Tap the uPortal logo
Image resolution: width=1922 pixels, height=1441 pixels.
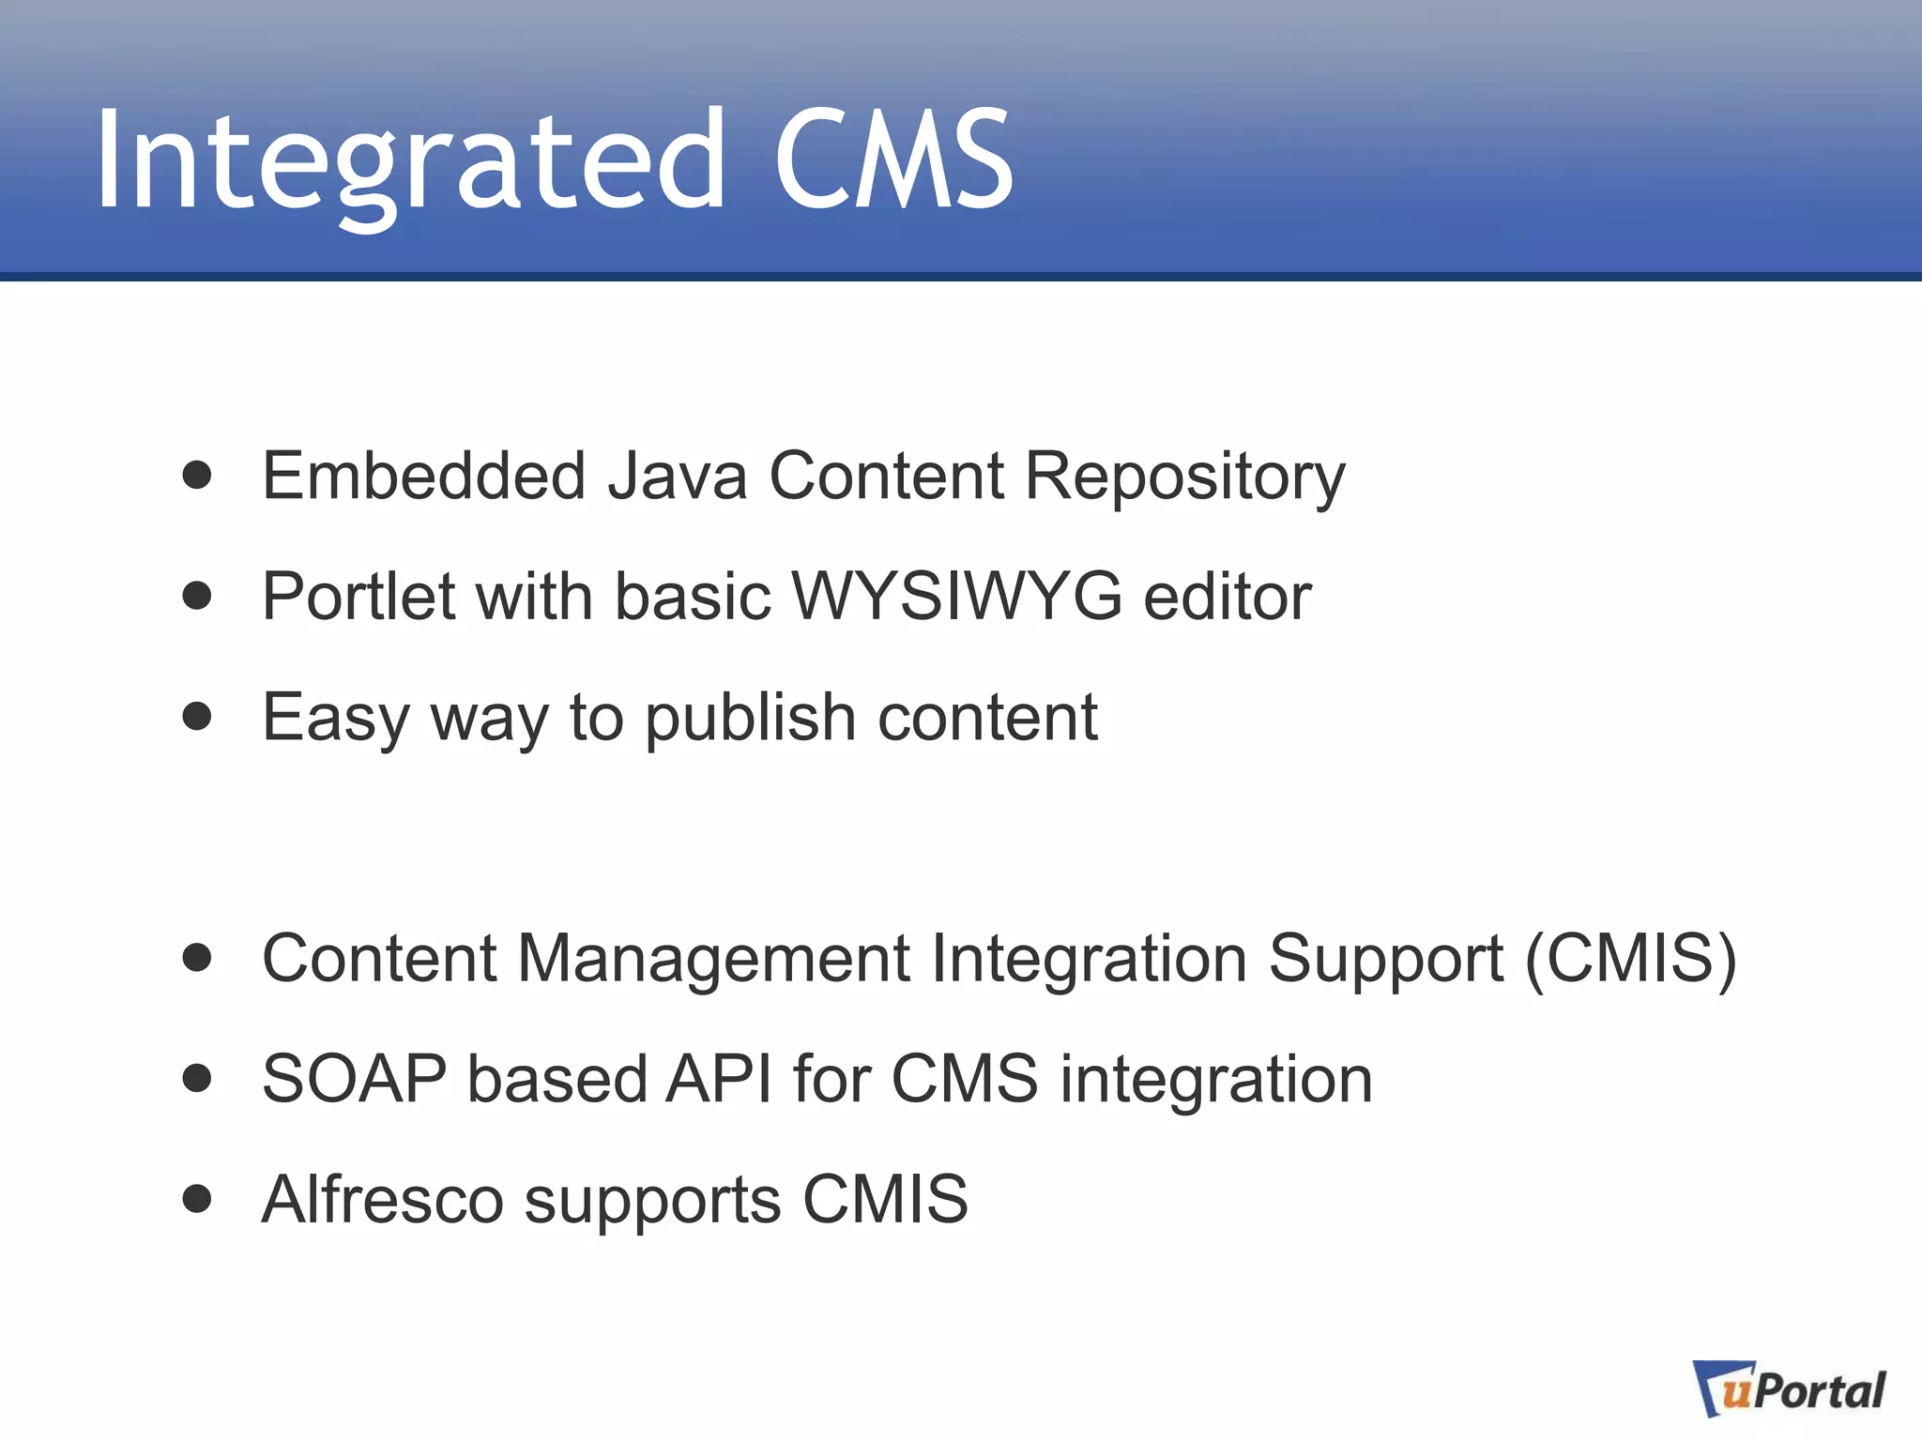tap(1789, 1389)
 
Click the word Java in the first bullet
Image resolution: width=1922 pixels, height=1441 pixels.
tap(677, 476)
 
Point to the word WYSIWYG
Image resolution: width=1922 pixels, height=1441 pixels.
tap(956, 596)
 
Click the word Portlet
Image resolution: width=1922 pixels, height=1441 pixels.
tap(358, 596)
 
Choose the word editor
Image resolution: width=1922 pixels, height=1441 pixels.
tap(1227, 596)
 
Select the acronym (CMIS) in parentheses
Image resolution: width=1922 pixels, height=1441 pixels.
tap(1631, 959)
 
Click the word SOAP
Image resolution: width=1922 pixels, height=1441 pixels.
tap(354, 1079)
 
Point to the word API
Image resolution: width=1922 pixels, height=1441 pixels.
tap(719, 1079)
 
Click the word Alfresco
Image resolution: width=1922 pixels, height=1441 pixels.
tap(383, 1199)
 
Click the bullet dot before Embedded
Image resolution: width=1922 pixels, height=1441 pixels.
tap(197, 475)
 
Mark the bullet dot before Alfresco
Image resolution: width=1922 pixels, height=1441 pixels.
tap(197, 1198)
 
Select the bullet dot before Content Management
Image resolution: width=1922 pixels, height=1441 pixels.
tap(197, 958)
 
